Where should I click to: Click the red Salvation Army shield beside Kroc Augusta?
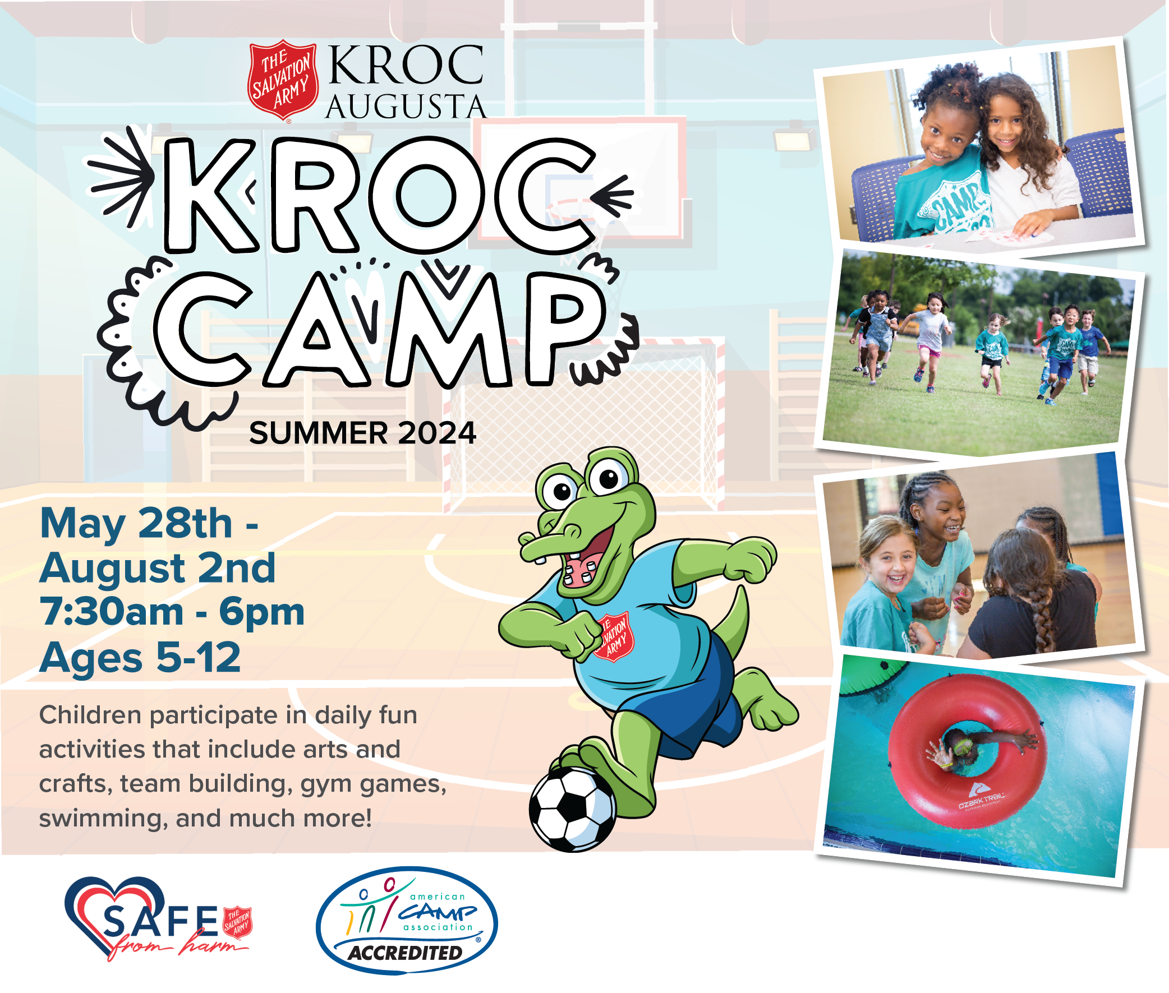coord(283,80)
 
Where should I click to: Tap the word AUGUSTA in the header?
coord(406,107)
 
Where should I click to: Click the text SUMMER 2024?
coord(362,433)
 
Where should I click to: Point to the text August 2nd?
coord(158,568)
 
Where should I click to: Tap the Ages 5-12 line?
coord(140,657)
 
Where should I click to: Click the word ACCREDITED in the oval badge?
coord(406,953)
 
